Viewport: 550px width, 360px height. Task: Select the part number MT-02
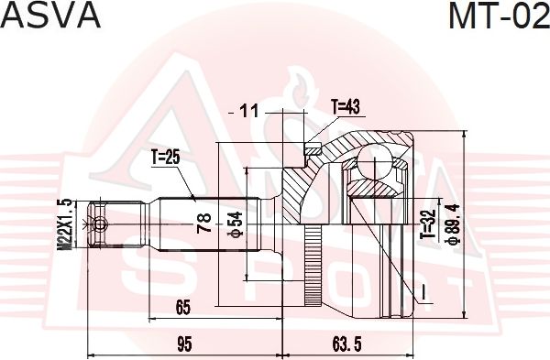click(497, 17)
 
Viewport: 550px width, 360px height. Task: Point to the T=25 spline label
click(164, 158)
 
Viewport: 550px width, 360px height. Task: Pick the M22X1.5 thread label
click(64, 224)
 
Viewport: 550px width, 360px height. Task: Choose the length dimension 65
click(181, 307)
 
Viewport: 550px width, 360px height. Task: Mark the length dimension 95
click(184, 344)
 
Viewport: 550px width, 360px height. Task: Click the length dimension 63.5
click(344, 344)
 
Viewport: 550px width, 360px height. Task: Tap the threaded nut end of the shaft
click(98, 223)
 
